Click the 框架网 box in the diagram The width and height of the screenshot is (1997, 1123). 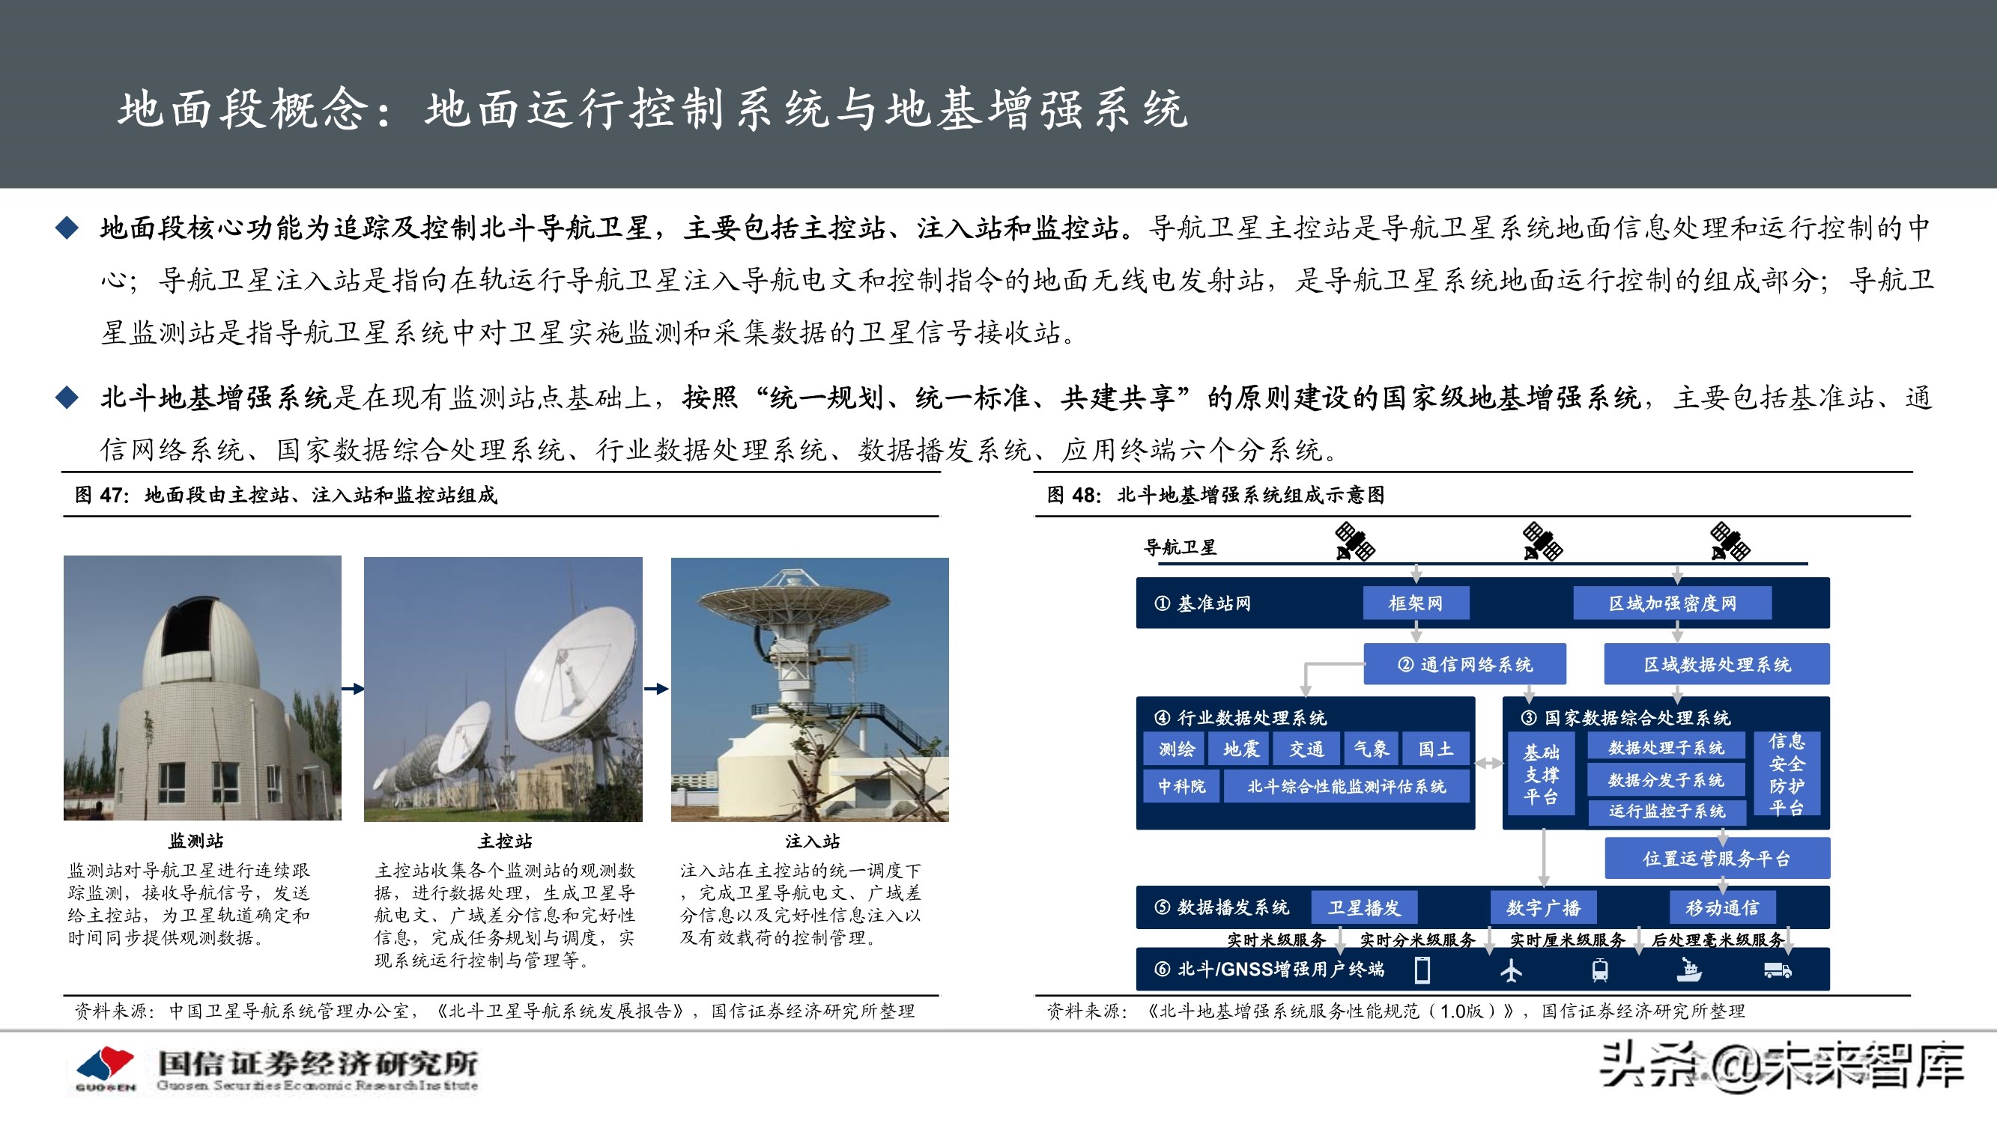[1416, 603]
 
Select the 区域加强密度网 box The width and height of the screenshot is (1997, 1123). [1672, 603]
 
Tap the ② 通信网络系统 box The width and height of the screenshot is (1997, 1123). [1464, 664]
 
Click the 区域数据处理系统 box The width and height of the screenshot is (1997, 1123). [1716, 664]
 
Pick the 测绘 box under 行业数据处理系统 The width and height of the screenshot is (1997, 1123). [1176, 749]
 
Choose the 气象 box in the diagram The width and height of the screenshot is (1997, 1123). [1371, 749]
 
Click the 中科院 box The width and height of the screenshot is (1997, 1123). [1181, 787]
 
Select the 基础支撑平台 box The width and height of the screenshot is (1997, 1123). [1540, 774]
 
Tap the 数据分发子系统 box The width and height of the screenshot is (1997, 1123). [1666, 779]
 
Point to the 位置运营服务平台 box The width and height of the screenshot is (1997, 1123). [1716, 859]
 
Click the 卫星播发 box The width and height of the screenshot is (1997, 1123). [1364, 907]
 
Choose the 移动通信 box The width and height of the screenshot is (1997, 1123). [1722, 907]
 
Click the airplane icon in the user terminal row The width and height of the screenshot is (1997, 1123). [1511, 970]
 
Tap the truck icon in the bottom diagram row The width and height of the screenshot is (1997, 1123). [1778, 970]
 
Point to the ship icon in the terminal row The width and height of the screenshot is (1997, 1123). [1688, 970]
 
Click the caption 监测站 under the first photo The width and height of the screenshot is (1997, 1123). [196, 841]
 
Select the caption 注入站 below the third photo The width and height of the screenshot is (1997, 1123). [812, 841]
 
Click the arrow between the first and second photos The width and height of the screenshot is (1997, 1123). [353, 688]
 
